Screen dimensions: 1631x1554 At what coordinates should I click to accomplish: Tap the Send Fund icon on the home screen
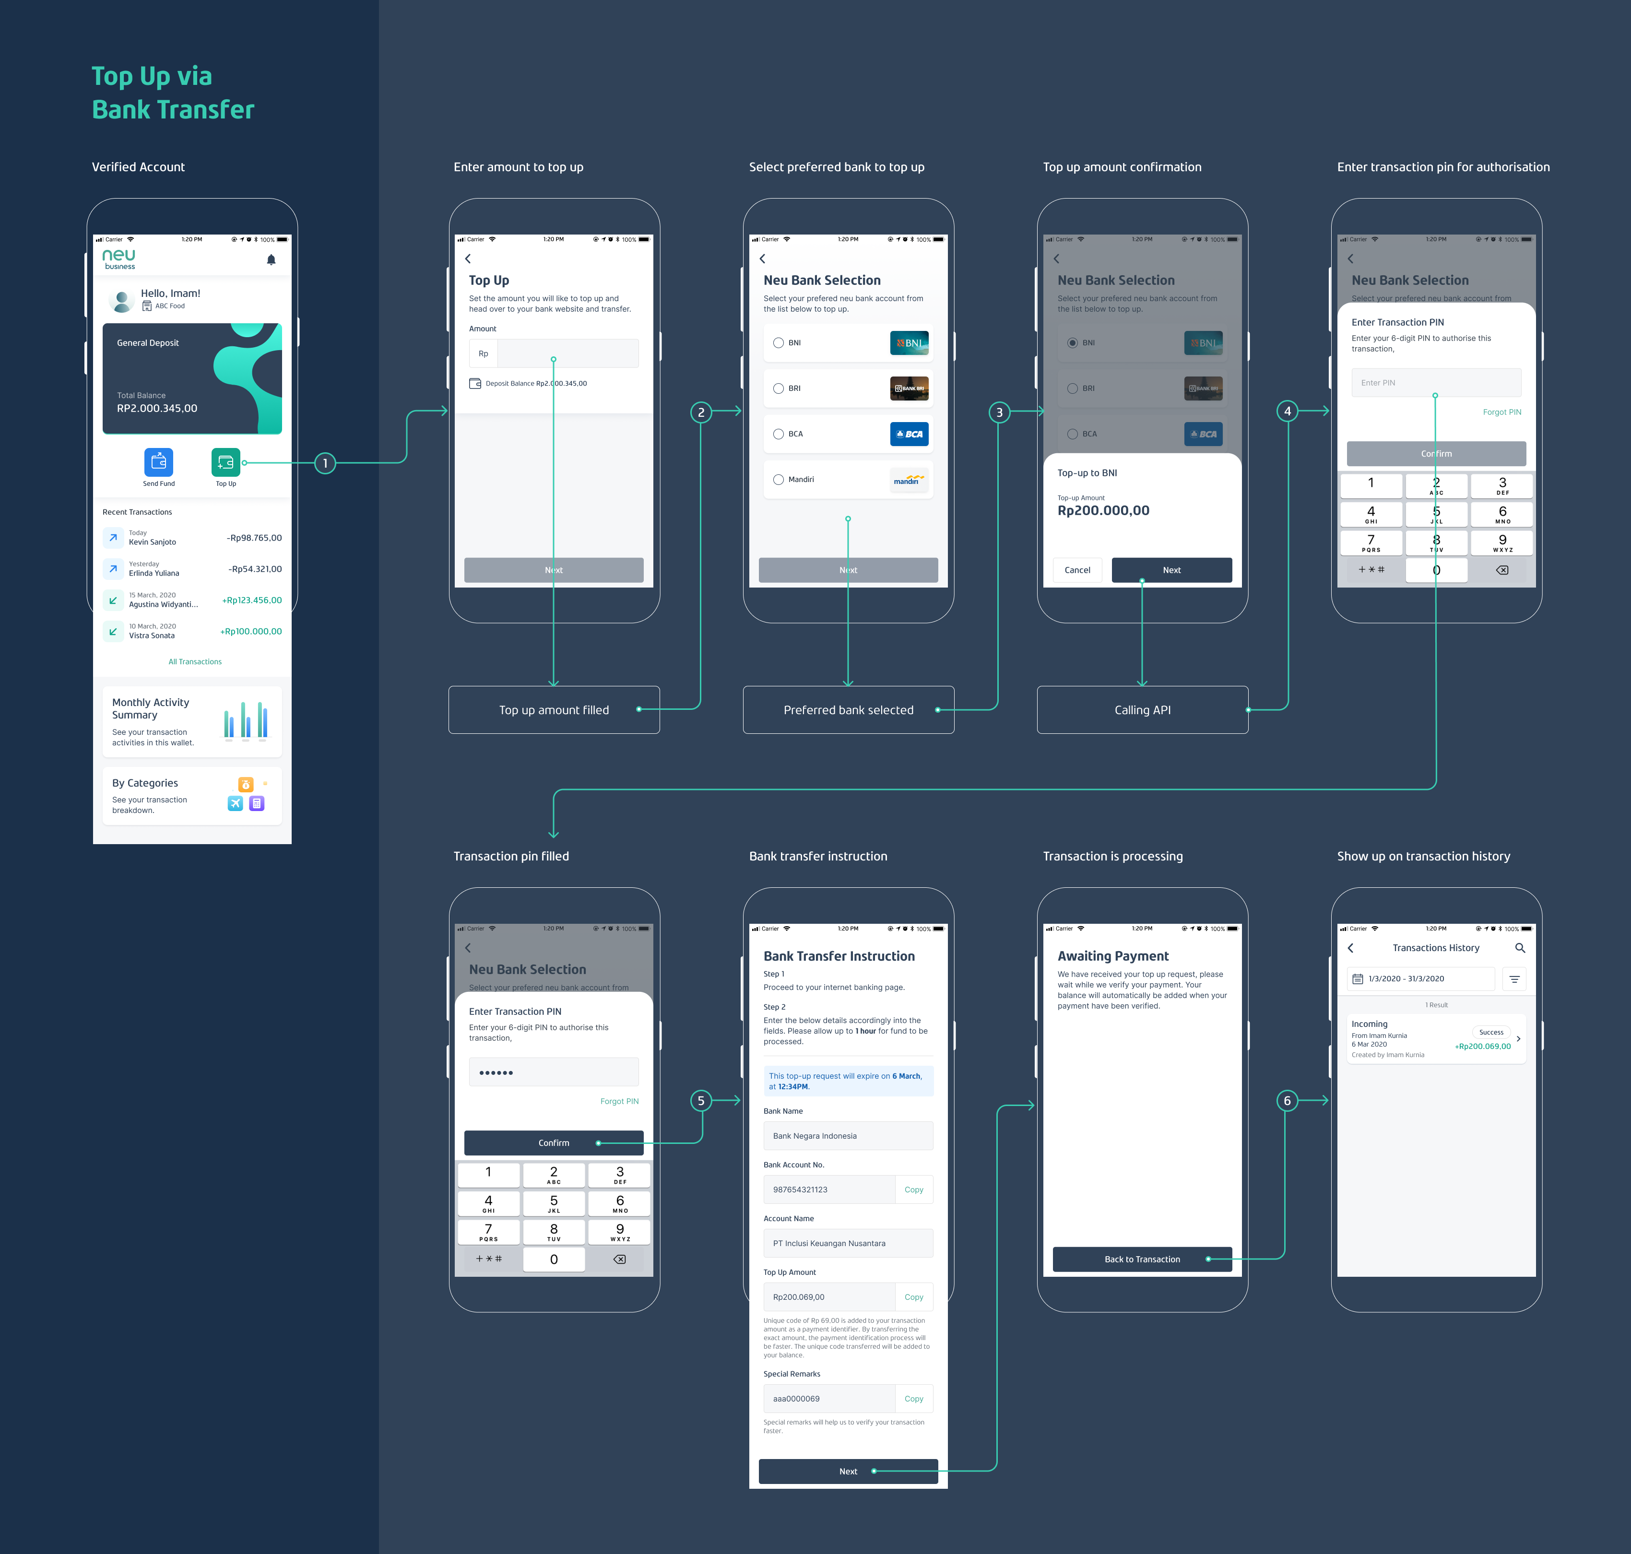tap(158, 461)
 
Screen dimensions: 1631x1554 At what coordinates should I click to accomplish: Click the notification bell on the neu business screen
tap(271, 260)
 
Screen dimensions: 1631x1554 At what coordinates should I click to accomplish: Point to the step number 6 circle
tap(1287, 1100)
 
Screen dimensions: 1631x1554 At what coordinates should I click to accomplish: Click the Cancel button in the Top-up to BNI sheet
tap(1077, 570)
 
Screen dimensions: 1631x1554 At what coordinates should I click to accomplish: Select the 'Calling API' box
tap(1142, 710)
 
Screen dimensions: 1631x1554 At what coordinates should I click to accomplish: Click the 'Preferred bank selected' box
tap(848, 710)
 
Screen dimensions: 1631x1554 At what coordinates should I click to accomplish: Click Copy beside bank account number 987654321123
tap(914, 1189)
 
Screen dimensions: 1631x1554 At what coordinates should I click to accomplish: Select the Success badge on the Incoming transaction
tap(1491, 1032)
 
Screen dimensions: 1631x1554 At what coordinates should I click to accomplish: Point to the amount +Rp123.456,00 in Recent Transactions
tap(252, 600)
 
